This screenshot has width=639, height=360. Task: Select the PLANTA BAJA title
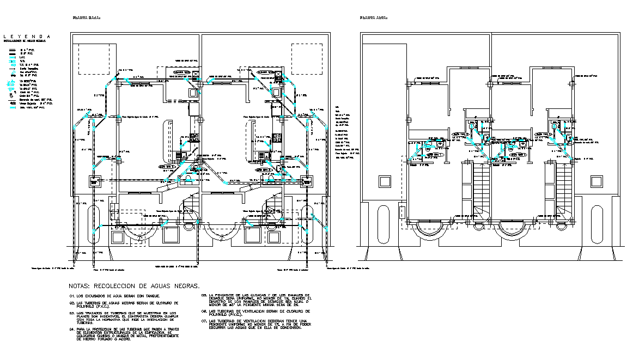click(x=87, y=18)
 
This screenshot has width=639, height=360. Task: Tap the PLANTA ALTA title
click(x=374, y=18)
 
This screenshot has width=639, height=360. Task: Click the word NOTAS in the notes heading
click(x=80, y=285)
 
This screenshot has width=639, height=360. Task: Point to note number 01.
click(x=72, y=296)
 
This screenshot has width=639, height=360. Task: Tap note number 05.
click(x=204, y=295)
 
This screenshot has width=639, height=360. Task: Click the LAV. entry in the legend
click(x=23, y=57)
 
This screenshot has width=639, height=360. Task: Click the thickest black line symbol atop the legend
click(x=11, y=49)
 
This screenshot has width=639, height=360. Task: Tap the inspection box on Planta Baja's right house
click(x=305, y=182)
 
